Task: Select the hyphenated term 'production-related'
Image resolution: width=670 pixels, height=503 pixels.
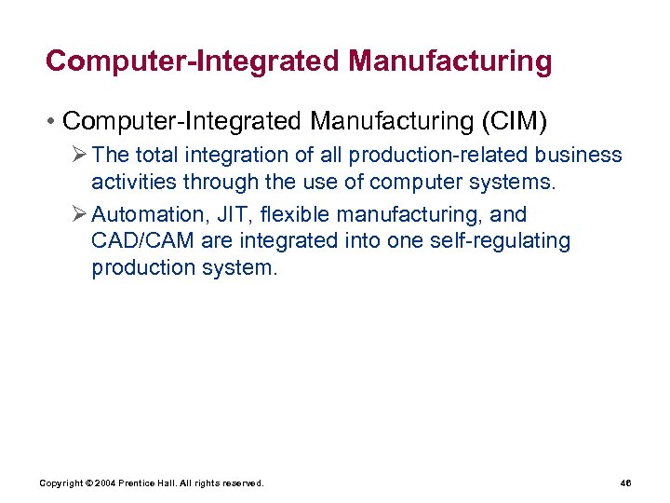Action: [444, 155]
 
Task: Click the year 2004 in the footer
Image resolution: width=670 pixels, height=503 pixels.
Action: [104, 483]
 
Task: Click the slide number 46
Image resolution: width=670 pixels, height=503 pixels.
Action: [625, 483]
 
